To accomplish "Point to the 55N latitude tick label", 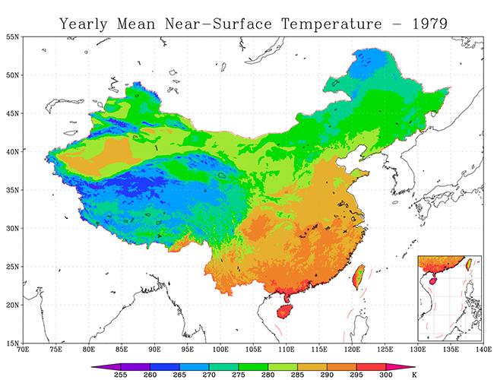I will tap(12, 36).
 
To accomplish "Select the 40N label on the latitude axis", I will tap(12, 151).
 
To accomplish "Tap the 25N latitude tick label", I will tap(12, 266).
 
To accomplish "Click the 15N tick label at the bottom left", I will tap(12, 343).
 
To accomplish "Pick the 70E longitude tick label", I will tap(24, 350).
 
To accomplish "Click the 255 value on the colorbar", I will tap(120, 375).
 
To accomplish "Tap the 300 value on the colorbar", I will tap(387, 375).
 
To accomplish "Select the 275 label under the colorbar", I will tap(239, 375).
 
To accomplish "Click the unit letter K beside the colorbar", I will tap(413, 375).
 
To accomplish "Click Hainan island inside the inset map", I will tap(434, 280).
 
